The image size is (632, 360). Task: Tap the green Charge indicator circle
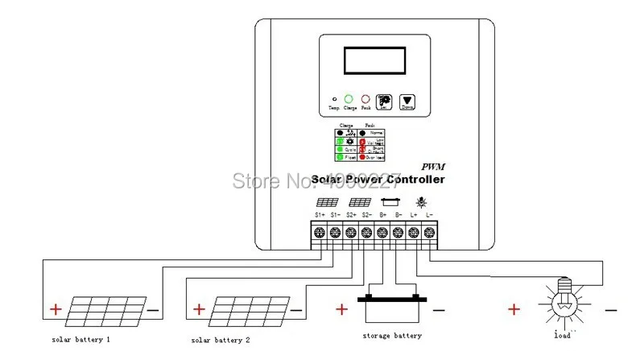[349, 97]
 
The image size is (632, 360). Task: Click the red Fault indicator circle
[366, 97]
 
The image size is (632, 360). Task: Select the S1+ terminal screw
[320, 233]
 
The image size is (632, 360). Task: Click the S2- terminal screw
[367, 233]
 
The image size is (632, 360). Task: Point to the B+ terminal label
[382, 215]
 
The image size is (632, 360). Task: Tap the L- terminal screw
[430, 233]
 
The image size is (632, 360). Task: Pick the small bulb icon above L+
[421, 202]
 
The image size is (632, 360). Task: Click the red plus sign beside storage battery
[341, 308]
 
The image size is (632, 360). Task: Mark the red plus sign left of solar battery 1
[56, 309]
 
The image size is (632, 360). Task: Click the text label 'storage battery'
[393, 335]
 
